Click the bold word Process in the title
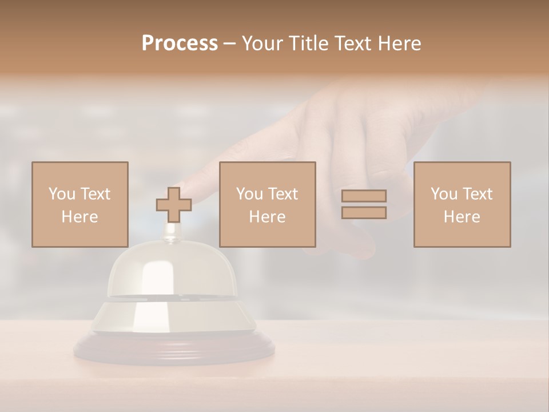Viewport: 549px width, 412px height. [180, 43]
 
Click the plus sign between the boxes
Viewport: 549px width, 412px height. [174, 205]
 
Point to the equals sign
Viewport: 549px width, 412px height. [364, 204]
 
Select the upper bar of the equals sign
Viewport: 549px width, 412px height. [364, 196]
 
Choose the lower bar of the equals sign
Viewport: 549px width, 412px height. [364, 213]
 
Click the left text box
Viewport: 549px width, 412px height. [80, 204]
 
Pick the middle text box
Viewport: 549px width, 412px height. [268, 204]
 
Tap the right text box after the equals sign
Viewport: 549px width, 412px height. [462, 204]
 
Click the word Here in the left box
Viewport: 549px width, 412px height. [80, 217]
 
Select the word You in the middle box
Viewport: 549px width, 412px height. [249, 194]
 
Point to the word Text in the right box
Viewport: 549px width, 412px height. [477, 194]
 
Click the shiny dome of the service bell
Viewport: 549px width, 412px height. [166, 275]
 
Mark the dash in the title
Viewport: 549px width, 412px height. [229, 44]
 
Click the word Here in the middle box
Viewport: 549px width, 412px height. [268, 217]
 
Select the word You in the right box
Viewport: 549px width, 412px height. [444, 194]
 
